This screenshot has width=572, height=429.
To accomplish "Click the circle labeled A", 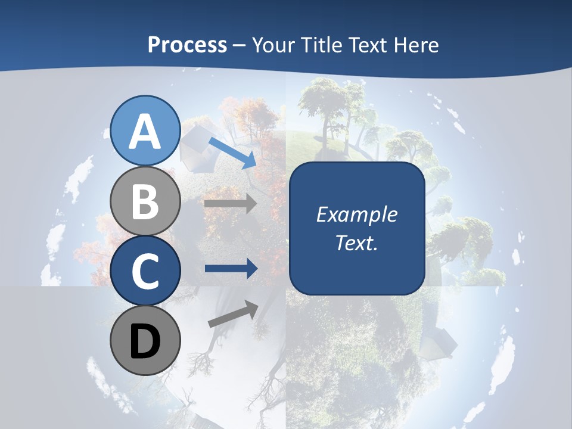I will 145,131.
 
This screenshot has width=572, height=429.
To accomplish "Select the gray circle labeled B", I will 145,201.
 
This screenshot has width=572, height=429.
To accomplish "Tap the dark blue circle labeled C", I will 145,271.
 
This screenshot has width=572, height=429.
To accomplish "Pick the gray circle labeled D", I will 145,340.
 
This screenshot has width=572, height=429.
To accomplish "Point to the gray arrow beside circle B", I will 231,203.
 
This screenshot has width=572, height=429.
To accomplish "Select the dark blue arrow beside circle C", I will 231,269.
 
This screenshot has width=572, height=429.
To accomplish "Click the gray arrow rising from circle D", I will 233,315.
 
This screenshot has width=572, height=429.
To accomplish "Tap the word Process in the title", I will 187,45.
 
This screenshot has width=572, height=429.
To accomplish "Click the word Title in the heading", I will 321,45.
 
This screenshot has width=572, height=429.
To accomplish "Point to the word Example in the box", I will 356,214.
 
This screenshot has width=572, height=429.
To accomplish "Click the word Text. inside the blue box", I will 356,243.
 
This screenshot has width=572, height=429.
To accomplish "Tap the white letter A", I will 145,132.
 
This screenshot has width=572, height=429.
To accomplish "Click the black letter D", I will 145,341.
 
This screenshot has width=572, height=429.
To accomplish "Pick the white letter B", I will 145,202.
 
